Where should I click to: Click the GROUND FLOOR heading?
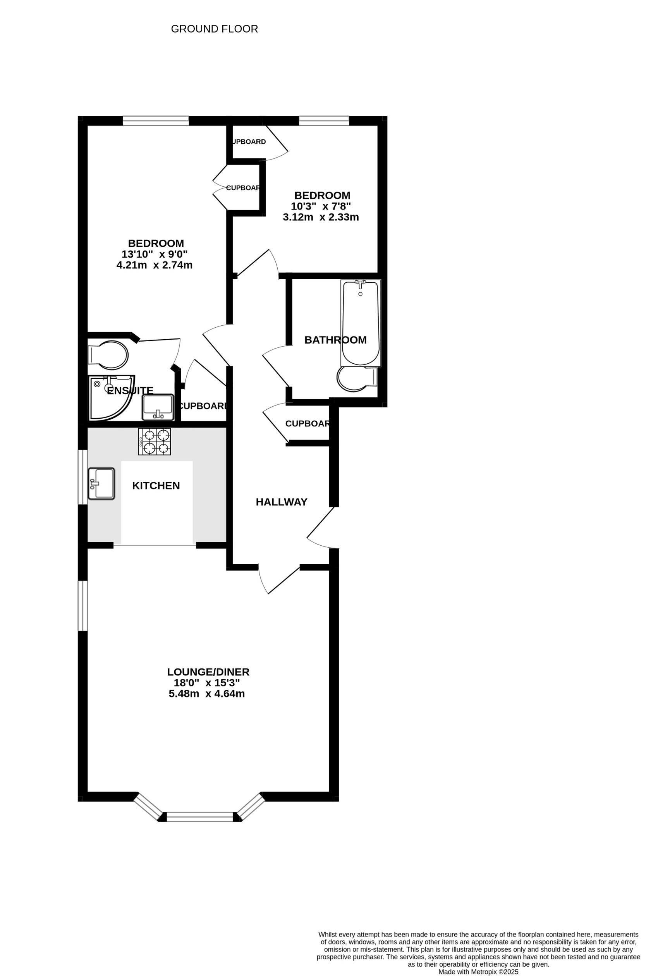click(x=214, y=29)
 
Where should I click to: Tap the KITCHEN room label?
click(x=156, y=486)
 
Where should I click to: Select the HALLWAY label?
click(x=282, y=502)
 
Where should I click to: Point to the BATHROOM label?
click(x=335, y=340)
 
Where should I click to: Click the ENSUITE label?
click(x=130, y=390)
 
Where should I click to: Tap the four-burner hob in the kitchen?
click(x=155, y=442)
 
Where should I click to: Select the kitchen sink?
click(x=101, y=484)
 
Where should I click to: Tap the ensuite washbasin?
click(x=158, y=407)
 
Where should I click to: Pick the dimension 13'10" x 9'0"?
click(x=154, y=254)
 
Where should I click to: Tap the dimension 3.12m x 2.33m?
click(x=321, y=217)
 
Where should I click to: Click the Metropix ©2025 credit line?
click(x=478, y=971)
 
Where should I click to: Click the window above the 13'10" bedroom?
click(x=155, y=121)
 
